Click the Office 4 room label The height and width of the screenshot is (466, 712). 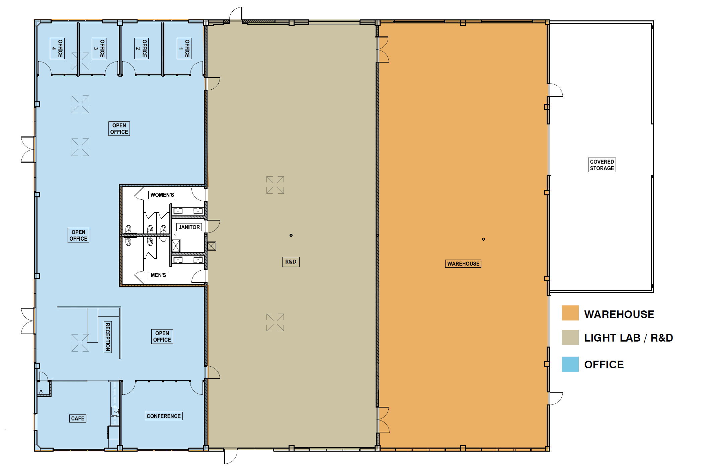pyautogui.click(x=57, y=49)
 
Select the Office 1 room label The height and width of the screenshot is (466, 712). pyautogui.click(x=184, y=49)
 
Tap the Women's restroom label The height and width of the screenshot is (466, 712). pyautogui.click(x=162, y=195)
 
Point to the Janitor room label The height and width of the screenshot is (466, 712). pyautogui.click(x=189, y=227)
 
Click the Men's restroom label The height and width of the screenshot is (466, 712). pyautogui.click(x=158, y=275)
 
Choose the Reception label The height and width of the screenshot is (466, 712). pyautogui.click(x=108, y=337)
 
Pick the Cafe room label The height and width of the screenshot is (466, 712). pyautogui.click(x=78, y=418)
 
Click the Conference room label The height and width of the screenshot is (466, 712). pyautogui.click(x=164, y=416)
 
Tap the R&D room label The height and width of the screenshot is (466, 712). pyautogui.click(x=291, y=262)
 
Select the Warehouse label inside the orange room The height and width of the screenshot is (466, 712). pyautogui.click(x=463, y=264)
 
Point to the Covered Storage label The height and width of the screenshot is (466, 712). pyautogui.click(x=602, y=165)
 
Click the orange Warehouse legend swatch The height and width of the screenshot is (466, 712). pyautogui.click(x=570, y=313)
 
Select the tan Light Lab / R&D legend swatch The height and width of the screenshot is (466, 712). pyautogui.click(x=570, y=337)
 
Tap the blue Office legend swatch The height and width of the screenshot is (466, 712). pyautogui.click(x=570, y=364)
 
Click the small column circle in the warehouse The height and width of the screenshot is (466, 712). pyautogui.click(x=483, y=239)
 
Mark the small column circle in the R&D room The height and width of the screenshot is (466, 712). pyautogui.click(x=291, y=235)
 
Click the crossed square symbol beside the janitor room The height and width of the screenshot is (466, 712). pyautogui.click(x=212, y=246)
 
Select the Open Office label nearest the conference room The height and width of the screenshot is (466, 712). pyautogui.click(x=162, y=337)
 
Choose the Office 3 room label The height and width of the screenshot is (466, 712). pyautogui.click(x=99, y=49)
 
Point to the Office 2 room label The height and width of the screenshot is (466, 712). pyautogui.click(x=141, y=49)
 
